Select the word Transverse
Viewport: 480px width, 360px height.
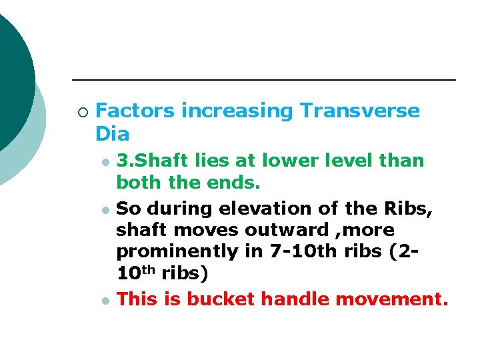pos(360,111)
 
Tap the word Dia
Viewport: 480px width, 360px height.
pos(113,134)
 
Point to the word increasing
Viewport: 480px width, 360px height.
pos(237,111)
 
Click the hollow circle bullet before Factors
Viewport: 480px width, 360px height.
pos(81,111)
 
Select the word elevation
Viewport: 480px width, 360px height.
pos(253,209)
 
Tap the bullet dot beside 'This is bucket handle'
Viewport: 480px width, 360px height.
pos(104,301)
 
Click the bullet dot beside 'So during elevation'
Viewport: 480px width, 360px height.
pos(104,210)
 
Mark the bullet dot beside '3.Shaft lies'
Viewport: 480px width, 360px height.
pos(104,162)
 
